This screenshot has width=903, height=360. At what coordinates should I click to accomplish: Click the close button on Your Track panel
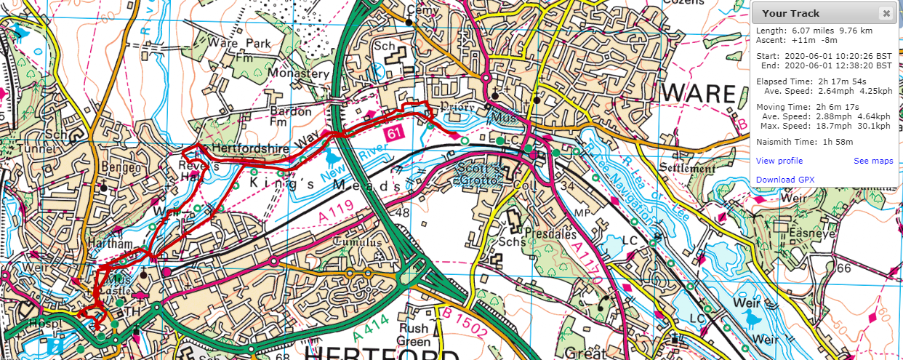click(x=886, y=13)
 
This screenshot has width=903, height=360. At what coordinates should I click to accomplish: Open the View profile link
click(x=779, y=161)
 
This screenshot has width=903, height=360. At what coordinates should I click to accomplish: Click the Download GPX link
click(x=784, y=180)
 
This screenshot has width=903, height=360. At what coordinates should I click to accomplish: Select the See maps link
click(x=873, y=161)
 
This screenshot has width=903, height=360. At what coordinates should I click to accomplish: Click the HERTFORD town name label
click(x=382, y=352)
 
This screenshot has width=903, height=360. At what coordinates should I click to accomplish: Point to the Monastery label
click(x=298, y=73)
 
